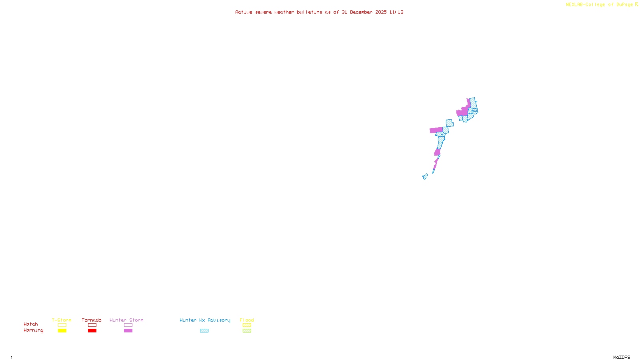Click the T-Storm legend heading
pos(62,320)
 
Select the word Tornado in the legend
pos(92,320)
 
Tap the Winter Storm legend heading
pos(126,320)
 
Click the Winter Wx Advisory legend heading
pos(205,320)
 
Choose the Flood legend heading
pos(247,320)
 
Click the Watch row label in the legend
pos(31,324)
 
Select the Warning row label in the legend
pos(34,330)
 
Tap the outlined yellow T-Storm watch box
pos(62,325)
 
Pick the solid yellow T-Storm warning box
pos(62,331)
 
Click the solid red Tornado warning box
pos(92,331)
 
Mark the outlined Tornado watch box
pos(92,325)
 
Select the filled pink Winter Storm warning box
pos(128,331)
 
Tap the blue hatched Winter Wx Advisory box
pos(204,331)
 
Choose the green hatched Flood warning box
pos(247,331)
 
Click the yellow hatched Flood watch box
pos(247,325)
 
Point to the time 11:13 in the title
pos(396,12)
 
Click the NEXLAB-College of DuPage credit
pos(600,5)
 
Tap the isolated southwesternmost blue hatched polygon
pos(425,176)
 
